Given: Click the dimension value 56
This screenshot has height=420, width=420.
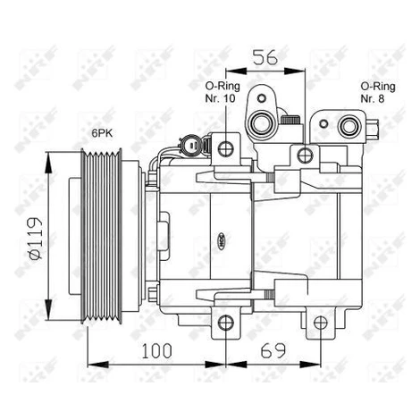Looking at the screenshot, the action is pos(265,57).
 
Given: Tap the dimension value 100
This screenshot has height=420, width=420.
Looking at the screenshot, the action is pos(156,351).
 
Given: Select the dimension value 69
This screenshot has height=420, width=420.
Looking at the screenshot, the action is pos(273,351).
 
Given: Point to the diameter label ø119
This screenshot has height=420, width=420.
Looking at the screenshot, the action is pos(38,239).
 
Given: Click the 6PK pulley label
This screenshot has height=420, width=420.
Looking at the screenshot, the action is pos(102,133).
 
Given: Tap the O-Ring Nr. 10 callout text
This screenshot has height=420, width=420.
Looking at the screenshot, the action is pos(223,92).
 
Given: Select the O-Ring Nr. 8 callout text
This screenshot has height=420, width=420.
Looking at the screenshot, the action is pos(378,92).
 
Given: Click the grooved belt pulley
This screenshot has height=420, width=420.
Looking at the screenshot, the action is pos(101,237).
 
